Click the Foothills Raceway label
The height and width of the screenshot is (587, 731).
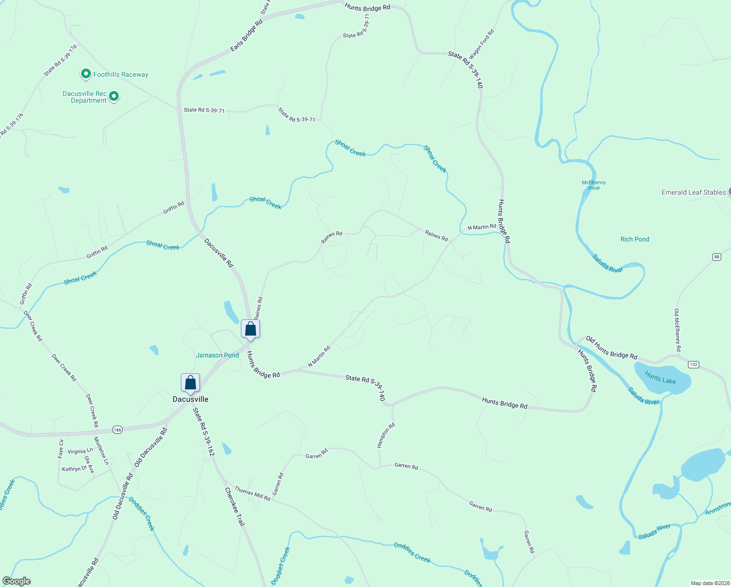pos(121,74)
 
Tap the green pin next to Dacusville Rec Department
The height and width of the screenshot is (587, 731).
pos(114,96)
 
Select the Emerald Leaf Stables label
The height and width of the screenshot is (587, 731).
pos(693,192)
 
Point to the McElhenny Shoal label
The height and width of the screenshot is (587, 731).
pos(594,185)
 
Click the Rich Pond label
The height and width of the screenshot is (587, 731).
pos(635,239)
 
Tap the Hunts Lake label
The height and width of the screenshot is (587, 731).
pos(660,378)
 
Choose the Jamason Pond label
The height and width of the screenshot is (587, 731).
pos(217,355)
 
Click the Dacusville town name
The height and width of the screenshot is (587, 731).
pos(191,399)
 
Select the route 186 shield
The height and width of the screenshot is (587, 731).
pos(117,430)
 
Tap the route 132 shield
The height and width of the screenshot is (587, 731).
pos(694,364)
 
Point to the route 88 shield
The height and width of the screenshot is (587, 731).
pos(716,257)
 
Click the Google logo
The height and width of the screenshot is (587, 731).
pos(17,581)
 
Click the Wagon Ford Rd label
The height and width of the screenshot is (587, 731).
pos(482,45)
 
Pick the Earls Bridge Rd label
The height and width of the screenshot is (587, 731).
pos(247,36)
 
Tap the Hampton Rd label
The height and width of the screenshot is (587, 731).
pos(386,435)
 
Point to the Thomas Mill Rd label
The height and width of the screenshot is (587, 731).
pos(252,493)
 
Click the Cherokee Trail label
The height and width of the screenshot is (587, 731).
pos(235,506)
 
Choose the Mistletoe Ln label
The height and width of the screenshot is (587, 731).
pos(102,451)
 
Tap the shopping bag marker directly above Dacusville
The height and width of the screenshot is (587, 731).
pos(190,383)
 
